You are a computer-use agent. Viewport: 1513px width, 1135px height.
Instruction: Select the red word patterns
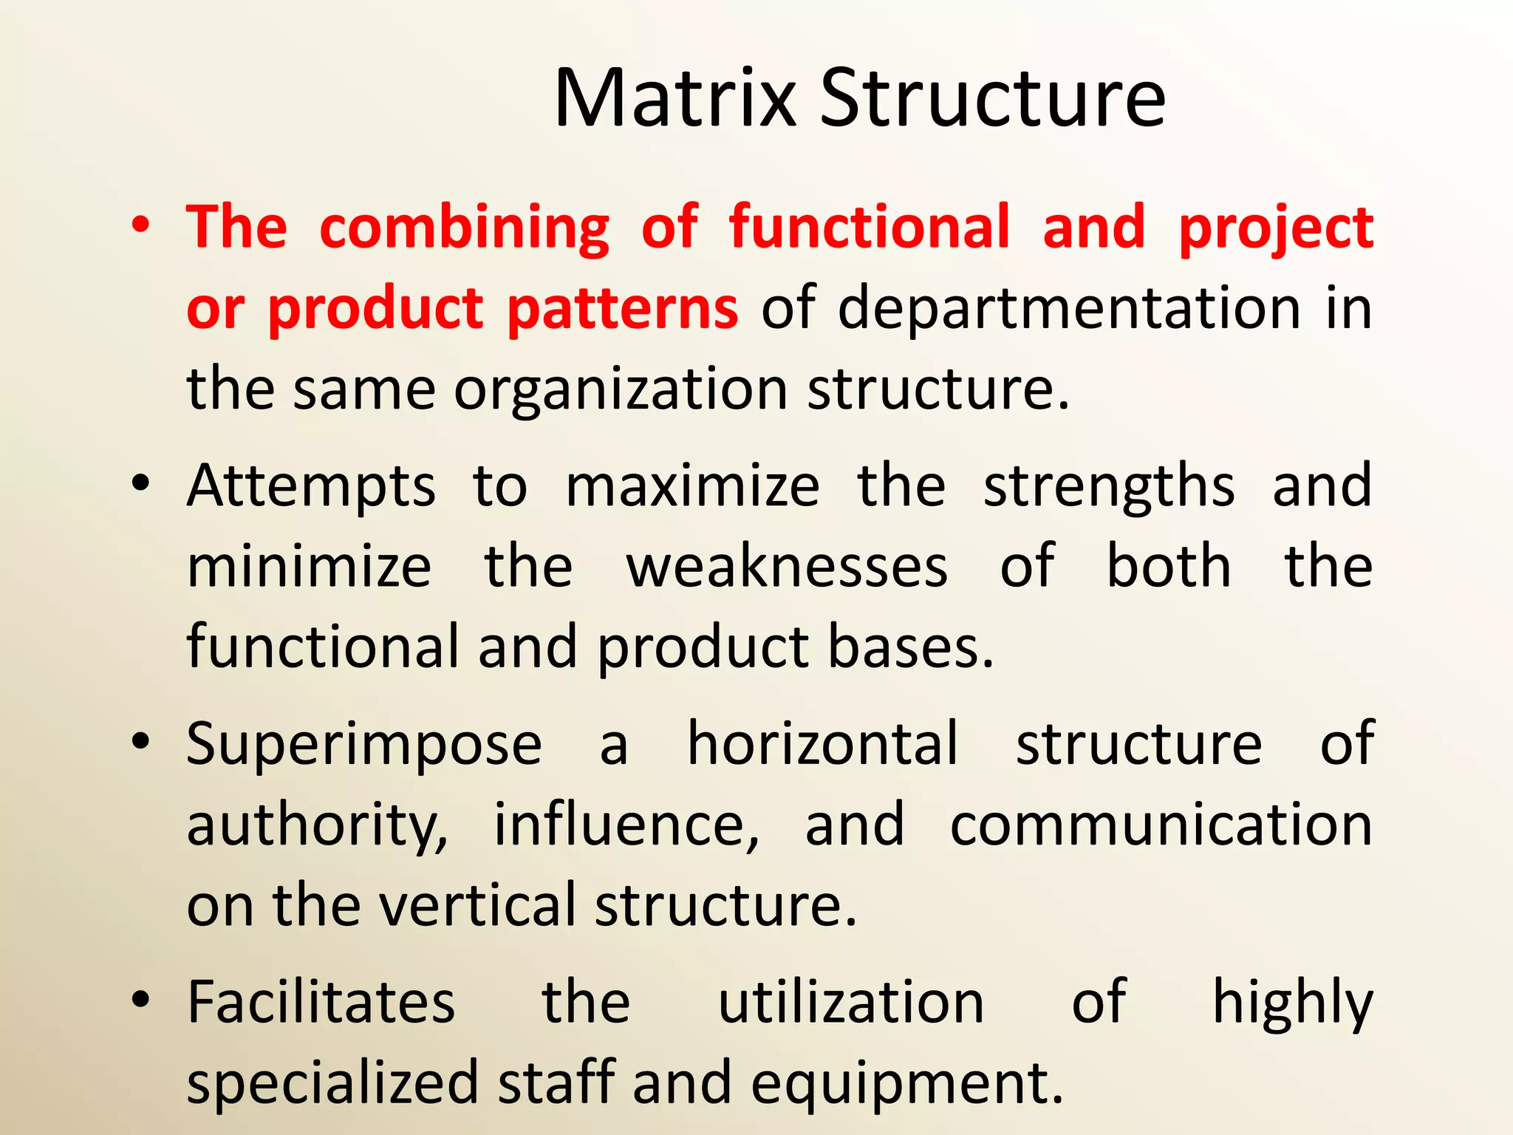(622, 309)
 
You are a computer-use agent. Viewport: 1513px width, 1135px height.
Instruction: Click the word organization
(621, 390)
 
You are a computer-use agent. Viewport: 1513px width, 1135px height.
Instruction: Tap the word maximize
(692, 486)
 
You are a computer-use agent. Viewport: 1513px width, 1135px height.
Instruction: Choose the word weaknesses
(787, 567)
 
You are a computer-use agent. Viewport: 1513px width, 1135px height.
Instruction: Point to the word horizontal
(823, 743)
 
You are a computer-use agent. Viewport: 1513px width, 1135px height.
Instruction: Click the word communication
(1161, 825)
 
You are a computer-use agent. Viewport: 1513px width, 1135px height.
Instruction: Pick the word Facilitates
(321, 1003)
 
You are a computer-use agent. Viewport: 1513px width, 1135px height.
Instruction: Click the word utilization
(851, 1003)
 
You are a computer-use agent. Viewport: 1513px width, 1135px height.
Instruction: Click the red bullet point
(140, 225)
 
